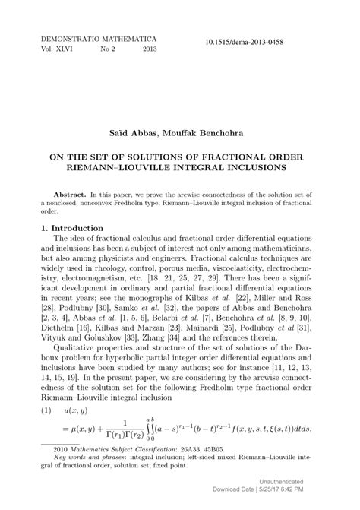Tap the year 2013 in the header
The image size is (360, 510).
150,49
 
